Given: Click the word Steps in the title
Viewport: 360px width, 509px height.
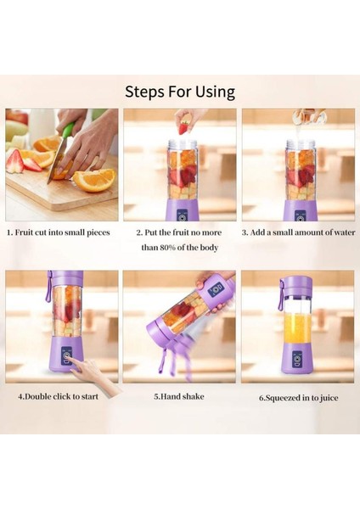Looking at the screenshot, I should pyautogui.click(x=146, y=92).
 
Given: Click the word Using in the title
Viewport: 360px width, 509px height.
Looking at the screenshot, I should pyautogui.click(x=214, y=92).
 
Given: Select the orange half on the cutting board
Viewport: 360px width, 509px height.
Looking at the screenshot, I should pyautogui.click(x=94, y=179).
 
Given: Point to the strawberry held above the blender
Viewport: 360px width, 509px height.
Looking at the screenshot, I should pyautogui.click(x=184, y=127).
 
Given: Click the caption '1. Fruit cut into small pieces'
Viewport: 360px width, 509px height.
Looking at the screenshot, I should pyautogui.click(x=58, y=231).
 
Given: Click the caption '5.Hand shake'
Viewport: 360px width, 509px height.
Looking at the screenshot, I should pyautogui.click(x=179, y=395).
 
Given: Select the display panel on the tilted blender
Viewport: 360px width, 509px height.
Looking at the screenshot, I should pyautogui.click(x=216, y=290).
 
